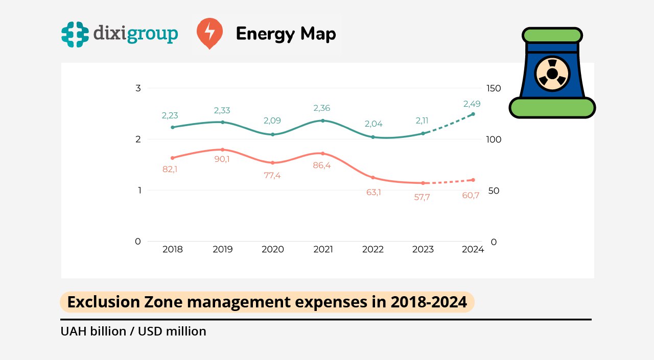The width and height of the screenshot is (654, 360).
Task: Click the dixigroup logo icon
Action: pyautogui.click(x=75, y=34)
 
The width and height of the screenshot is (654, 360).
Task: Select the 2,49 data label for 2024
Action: pyautogui.click(x=472, y=104)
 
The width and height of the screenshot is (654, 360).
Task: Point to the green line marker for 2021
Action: pyautogui.click(x=322, y=121)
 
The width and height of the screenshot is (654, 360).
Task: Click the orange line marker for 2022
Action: pyautogui.click(x=373, y=178)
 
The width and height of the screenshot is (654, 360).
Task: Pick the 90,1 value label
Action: pyautogui.click(x=222, y=159)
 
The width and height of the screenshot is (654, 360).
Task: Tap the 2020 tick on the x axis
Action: pyautogui.click(x=273, y=249)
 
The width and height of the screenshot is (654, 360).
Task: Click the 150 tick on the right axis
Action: pyautogui.click(x=494, y=88)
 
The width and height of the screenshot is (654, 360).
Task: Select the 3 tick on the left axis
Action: pyautogui.click(x=138, y=88)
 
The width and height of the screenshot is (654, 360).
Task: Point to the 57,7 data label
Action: pyautogui.click(x=422, y=197)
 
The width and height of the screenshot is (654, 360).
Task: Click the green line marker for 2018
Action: pyautogui.click(x=172, y=127)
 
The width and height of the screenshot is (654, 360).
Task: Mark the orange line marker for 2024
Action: pyautogui.click(x=473, y=180)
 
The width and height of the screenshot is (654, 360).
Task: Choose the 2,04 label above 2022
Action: pyautogui.click(x=373, y=124)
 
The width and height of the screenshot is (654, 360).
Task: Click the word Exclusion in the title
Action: pyautogui.click(x=97, y=302)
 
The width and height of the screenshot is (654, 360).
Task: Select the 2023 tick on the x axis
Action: pyautogui.click(x=423, y=249)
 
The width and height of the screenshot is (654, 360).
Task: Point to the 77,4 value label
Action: pyautogui.click(x=272, y=175)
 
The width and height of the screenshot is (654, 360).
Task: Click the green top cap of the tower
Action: pyautogui.click(x=552, y=35)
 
